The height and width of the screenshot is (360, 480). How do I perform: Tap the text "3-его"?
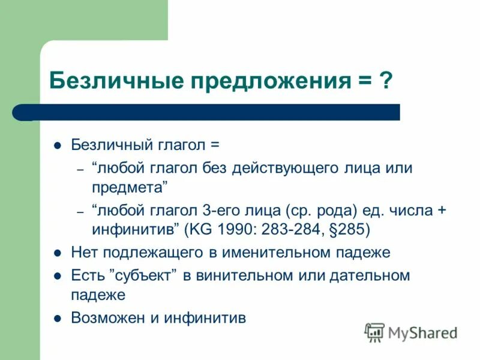click(x=227, y=211)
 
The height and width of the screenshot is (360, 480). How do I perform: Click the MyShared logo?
click(x=412, y=332)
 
